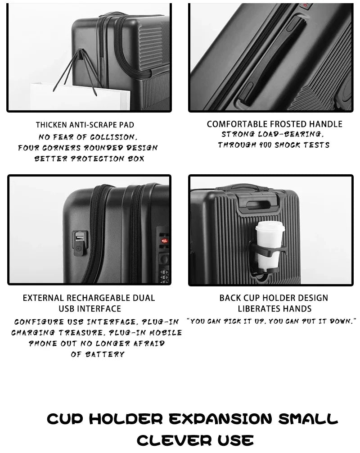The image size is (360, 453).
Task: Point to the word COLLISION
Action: pyautogui.click(x=112, y=136)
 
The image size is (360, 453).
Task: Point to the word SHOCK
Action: pyautogui.click(x=286, y=145)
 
